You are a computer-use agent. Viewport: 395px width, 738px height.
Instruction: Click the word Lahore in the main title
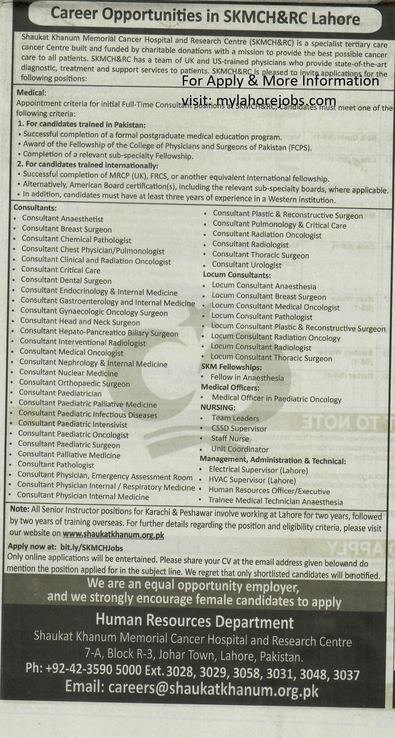tap(336, 19)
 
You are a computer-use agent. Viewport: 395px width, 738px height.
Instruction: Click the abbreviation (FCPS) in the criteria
tap(299, 147)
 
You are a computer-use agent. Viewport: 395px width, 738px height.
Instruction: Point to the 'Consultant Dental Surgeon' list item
tap(66, 280)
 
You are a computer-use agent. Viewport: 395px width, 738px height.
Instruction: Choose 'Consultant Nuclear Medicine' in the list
tap(68, 373)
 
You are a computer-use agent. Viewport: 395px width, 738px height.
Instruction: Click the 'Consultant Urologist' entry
tap(246, 265)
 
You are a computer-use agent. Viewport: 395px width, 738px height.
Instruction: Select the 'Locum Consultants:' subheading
tap(237, 275)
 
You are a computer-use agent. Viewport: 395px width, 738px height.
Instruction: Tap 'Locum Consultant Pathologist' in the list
tap(262, 316)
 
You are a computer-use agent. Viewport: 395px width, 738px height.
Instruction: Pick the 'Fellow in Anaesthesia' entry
tap(247, 378)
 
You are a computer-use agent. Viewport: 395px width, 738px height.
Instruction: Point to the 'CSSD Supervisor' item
tap(239, 428)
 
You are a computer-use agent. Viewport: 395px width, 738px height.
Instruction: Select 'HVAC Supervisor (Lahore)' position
tap(252, 480)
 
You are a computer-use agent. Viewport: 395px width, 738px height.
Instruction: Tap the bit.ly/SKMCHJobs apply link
tap(92, 548)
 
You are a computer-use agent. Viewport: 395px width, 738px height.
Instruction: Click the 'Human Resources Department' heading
tap(194, 621)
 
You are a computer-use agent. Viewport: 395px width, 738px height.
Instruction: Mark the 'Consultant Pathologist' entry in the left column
tap(56, 465)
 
